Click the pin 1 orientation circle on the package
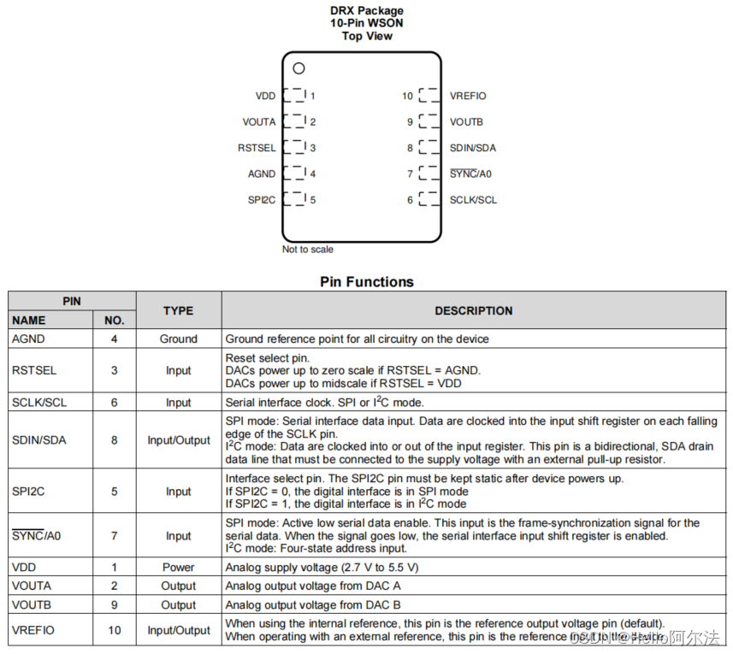pos(299,68)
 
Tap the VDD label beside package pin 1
pos(265,96)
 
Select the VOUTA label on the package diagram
pos(258,121)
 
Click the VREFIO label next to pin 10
pos(468,96)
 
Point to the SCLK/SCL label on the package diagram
pos(473,200)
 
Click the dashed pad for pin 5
pos(294,199)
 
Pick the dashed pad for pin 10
pos(429,96)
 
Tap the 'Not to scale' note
pos(308,250)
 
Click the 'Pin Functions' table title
pos(366,282)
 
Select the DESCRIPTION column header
pos(474,310)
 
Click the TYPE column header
pos(179,310)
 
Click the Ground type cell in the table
pos(179,339)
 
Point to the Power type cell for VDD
pos(179,567)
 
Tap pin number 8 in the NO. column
pos(114,440)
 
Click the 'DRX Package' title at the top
pos(367,10)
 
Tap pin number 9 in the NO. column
pos(114,604)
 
